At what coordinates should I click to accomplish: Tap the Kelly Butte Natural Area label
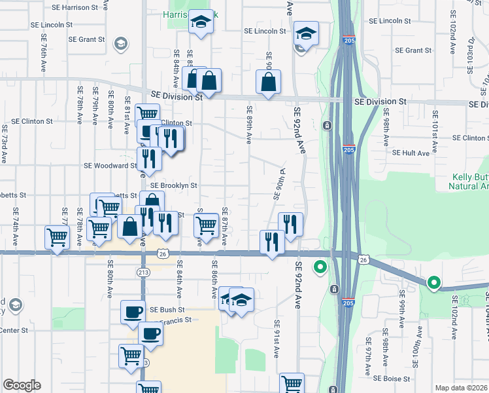pos(470,181)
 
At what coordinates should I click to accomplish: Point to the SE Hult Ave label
pos(411,153)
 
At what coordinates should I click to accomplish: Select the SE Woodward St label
pos(110,166)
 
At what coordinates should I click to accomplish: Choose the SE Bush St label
pos(167,309)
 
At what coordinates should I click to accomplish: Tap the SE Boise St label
pos(392,379)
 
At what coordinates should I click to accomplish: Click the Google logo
pos(22,385)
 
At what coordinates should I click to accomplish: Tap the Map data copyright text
pos(462,386)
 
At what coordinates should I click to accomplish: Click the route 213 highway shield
pos(143,272)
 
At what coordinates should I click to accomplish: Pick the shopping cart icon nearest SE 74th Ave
pos(58,237)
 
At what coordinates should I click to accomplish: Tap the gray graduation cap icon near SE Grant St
pos(120,44)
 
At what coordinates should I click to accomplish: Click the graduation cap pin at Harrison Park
pos(201,24)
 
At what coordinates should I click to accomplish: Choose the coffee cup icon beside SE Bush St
pos(133,311)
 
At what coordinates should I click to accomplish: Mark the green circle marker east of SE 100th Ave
pos(433,283)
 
